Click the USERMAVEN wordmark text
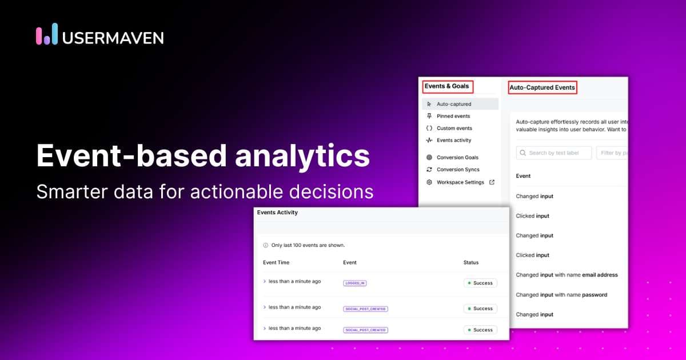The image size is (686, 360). click(x=113, y=38)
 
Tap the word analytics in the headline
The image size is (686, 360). click(x=302, y=156)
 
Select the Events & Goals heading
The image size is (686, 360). click(x=446, y=86)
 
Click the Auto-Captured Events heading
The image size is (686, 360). click(x=542, y=87)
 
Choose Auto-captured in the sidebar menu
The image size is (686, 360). click(x=454, y=104)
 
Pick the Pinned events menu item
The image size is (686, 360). click(x=453, y=116)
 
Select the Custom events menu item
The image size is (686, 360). click(x=454, y=128)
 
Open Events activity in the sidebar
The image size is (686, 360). click(x=454, y=140)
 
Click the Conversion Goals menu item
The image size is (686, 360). click(x=457, y=157)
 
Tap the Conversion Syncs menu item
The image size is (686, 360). click(x=458, y=169)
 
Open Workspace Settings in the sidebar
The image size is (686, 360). click(x=460, y=182)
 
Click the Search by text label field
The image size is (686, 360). click(x=555, y=153)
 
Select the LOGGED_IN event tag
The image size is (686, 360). click(x=354, y=283)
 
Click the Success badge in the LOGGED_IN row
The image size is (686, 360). click(x=480, y=283)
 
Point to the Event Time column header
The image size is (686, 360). click(x=276, y=262)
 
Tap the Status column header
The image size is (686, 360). click(x=471, y=262)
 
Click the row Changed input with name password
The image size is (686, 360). click(x=561, y=295)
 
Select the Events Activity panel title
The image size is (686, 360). click(x=277, y=212)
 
